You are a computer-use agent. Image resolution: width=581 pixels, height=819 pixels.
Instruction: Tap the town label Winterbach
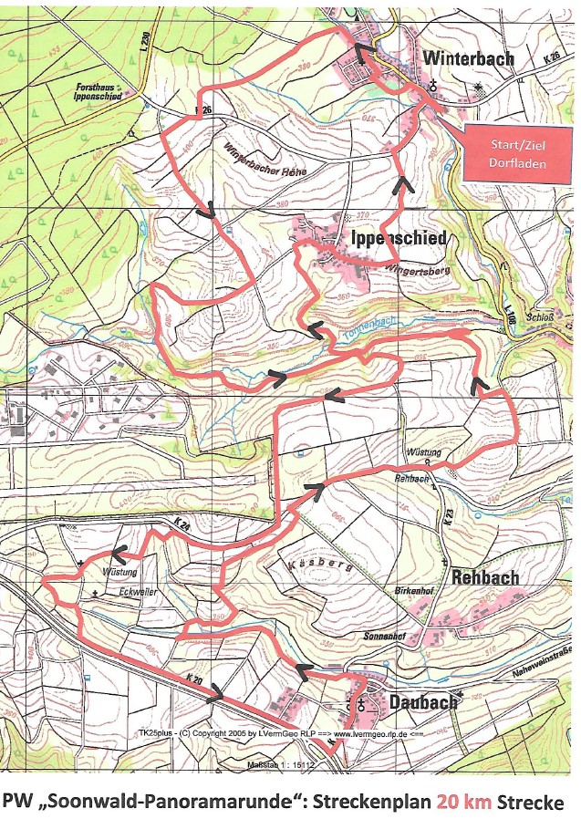[469, 58]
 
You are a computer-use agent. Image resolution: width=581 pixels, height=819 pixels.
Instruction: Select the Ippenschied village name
[399, 239]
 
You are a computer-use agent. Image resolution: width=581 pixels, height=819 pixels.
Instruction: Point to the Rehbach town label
[485, 577]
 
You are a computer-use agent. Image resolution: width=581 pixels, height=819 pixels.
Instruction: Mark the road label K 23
[448, 518]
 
